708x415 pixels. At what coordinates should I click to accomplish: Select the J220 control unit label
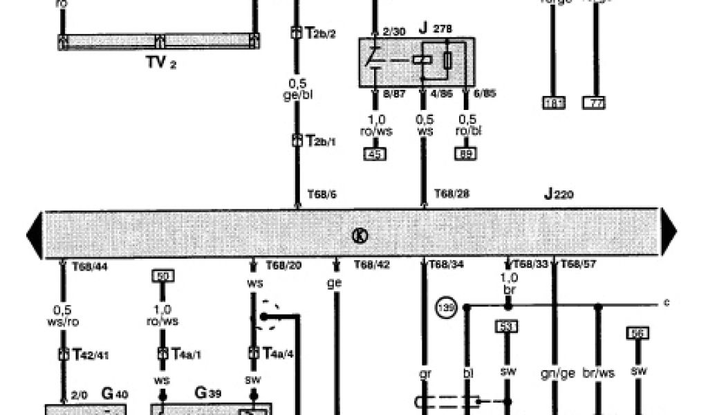(x=558, y=194)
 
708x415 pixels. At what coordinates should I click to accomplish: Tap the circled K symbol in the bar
(x=360, y=235)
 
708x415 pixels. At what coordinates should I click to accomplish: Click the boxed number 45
(x=375, y=154)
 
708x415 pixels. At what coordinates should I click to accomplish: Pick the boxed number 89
(x=465, y=154)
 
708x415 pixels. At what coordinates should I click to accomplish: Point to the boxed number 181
(x=554, y=104)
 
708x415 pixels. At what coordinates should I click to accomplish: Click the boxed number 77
(x=594, y=104)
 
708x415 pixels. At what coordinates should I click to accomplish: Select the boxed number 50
(x=163, y=276)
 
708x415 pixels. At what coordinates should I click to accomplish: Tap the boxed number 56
(x=637, y=333)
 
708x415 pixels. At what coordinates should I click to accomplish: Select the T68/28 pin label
(x=451, y=194)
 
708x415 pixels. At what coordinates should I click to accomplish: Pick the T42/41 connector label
(x=89, y=354)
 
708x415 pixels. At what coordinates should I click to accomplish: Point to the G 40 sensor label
(x=114, y=394)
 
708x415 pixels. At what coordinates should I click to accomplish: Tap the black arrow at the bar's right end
(x=667, y=234)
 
